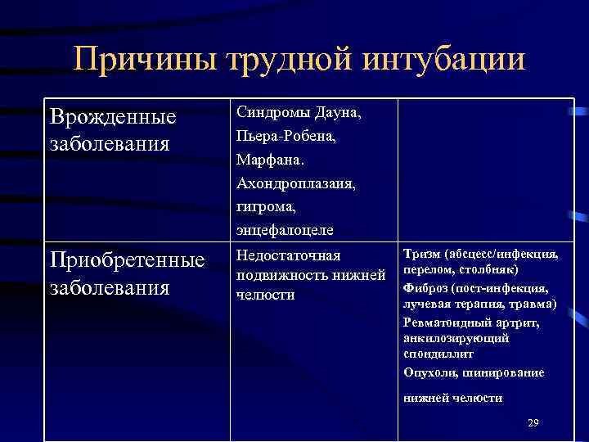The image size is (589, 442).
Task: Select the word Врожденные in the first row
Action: click(113, 117)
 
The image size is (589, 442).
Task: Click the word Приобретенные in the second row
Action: click(127, 261)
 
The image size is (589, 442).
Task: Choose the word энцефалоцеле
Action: click(279, 230)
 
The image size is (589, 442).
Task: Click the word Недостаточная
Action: click(288, 257)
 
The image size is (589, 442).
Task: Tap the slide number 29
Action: click(533, 422)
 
